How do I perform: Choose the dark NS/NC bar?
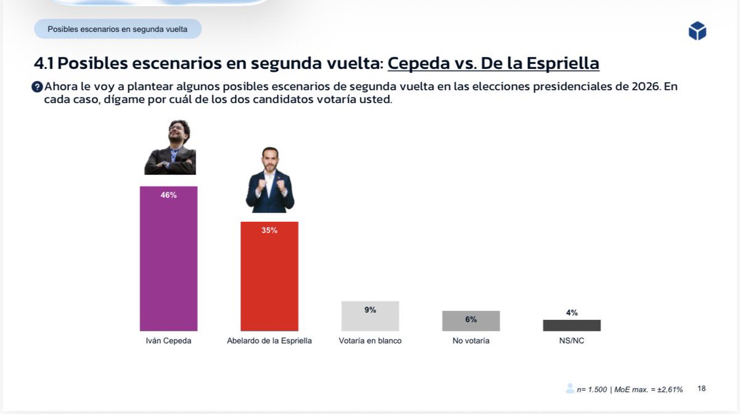coord(572,325)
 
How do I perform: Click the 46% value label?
coord(168,195)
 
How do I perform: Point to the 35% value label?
coord(269,230)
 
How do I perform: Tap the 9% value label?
coord(370,310)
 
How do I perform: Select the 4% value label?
coord(572,313)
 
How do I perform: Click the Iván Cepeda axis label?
coord(168,341)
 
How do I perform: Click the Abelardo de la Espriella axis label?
coord(269,341)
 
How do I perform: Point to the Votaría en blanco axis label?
coord(370,341)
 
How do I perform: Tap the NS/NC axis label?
coord(572,341)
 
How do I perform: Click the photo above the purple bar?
coord(170,147)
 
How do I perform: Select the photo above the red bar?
coord(269,180)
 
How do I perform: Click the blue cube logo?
coord(697,31)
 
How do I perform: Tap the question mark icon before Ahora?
coord(37,87)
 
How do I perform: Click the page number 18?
coord(702,389)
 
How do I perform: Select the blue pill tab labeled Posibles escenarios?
coord(117,29)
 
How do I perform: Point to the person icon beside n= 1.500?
coord(570,389)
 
